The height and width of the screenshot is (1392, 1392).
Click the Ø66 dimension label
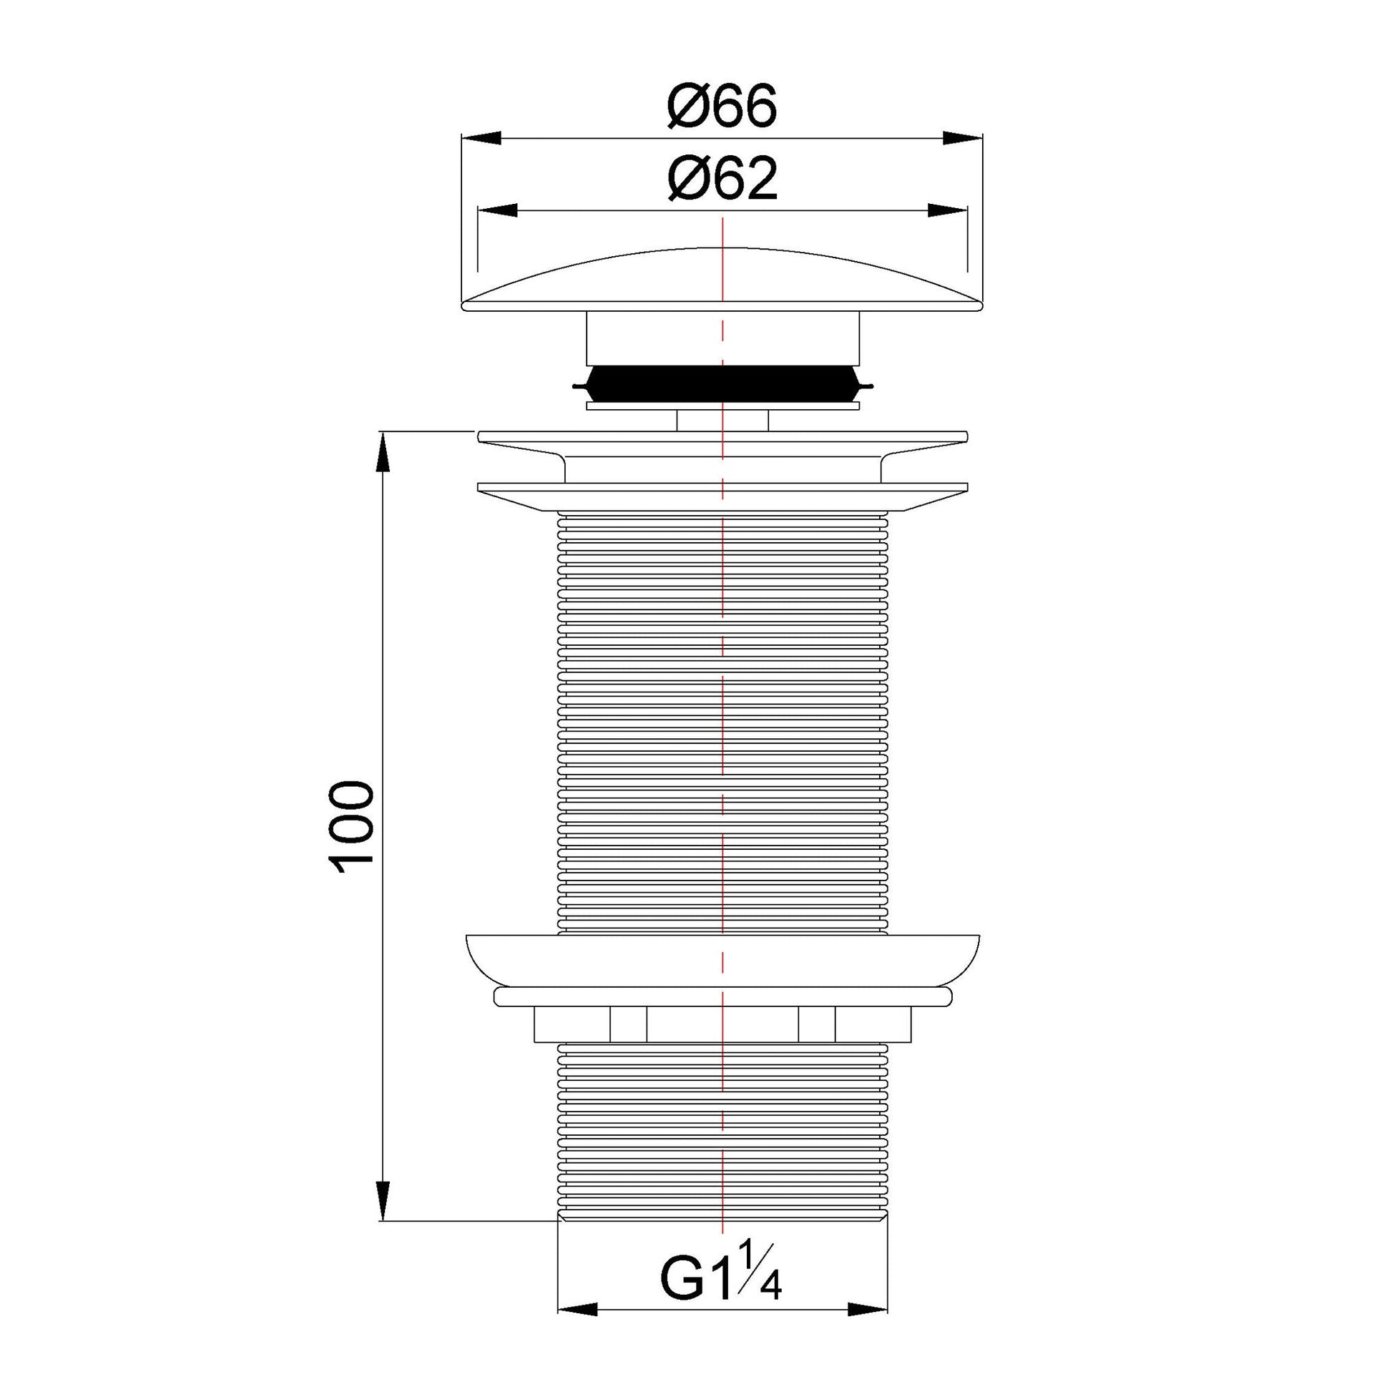click(722, 107)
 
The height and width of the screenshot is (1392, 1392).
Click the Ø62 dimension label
click(722, 180)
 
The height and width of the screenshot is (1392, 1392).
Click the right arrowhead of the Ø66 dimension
click(964, 137)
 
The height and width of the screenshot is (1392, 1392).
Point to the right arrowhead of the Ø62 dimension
click(947, 210)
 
